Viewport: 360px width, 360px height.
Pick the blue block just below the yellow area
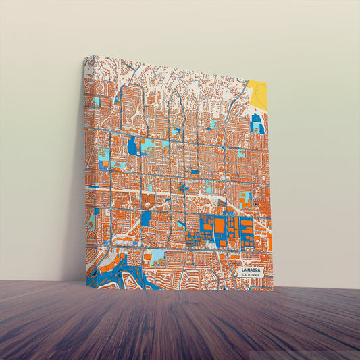click(x=257, y=124)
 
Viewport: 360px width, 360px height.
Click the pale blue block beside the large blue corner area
click(x=156, y=255)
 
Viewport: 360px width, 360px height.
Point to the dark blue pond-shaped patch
click(x=132, y=145)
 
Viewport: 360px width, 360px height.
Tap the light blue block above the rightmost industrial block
click(x=246, y=200)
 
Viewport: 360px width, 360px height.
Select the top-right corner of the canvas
click(x=267, y=82)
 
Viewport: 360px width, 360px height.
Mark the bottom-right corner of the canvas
click(x=274, y=290)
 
